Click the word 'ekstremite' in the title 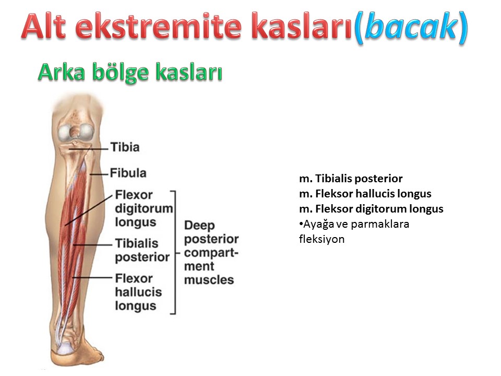pos(160,26)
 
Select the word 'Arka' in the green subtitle pos(62,72)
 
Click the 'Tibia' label pos(125,147)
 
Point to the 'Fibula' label pos(128,173)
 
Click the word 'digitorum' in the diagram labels pos(144,208)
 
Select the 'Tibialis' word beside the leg pos(137,243)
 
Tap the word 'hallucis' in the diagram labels pos(138,292)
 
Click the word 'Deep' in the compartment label pos(199,226)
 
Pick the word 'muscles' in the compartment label pos(209,280)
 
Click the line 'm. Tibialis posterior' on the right pos(351,179)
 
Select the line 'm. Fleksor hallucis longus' pos(365,194)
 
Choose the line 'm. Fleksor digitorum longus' pos(371,209)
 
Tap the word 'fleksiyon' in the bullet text pos(322,239)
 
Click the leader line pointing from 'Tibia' pos(89,149)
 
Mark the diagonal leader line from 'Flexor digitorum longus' pos(89,209)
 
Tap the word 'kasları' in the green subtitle pos(188,72)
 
